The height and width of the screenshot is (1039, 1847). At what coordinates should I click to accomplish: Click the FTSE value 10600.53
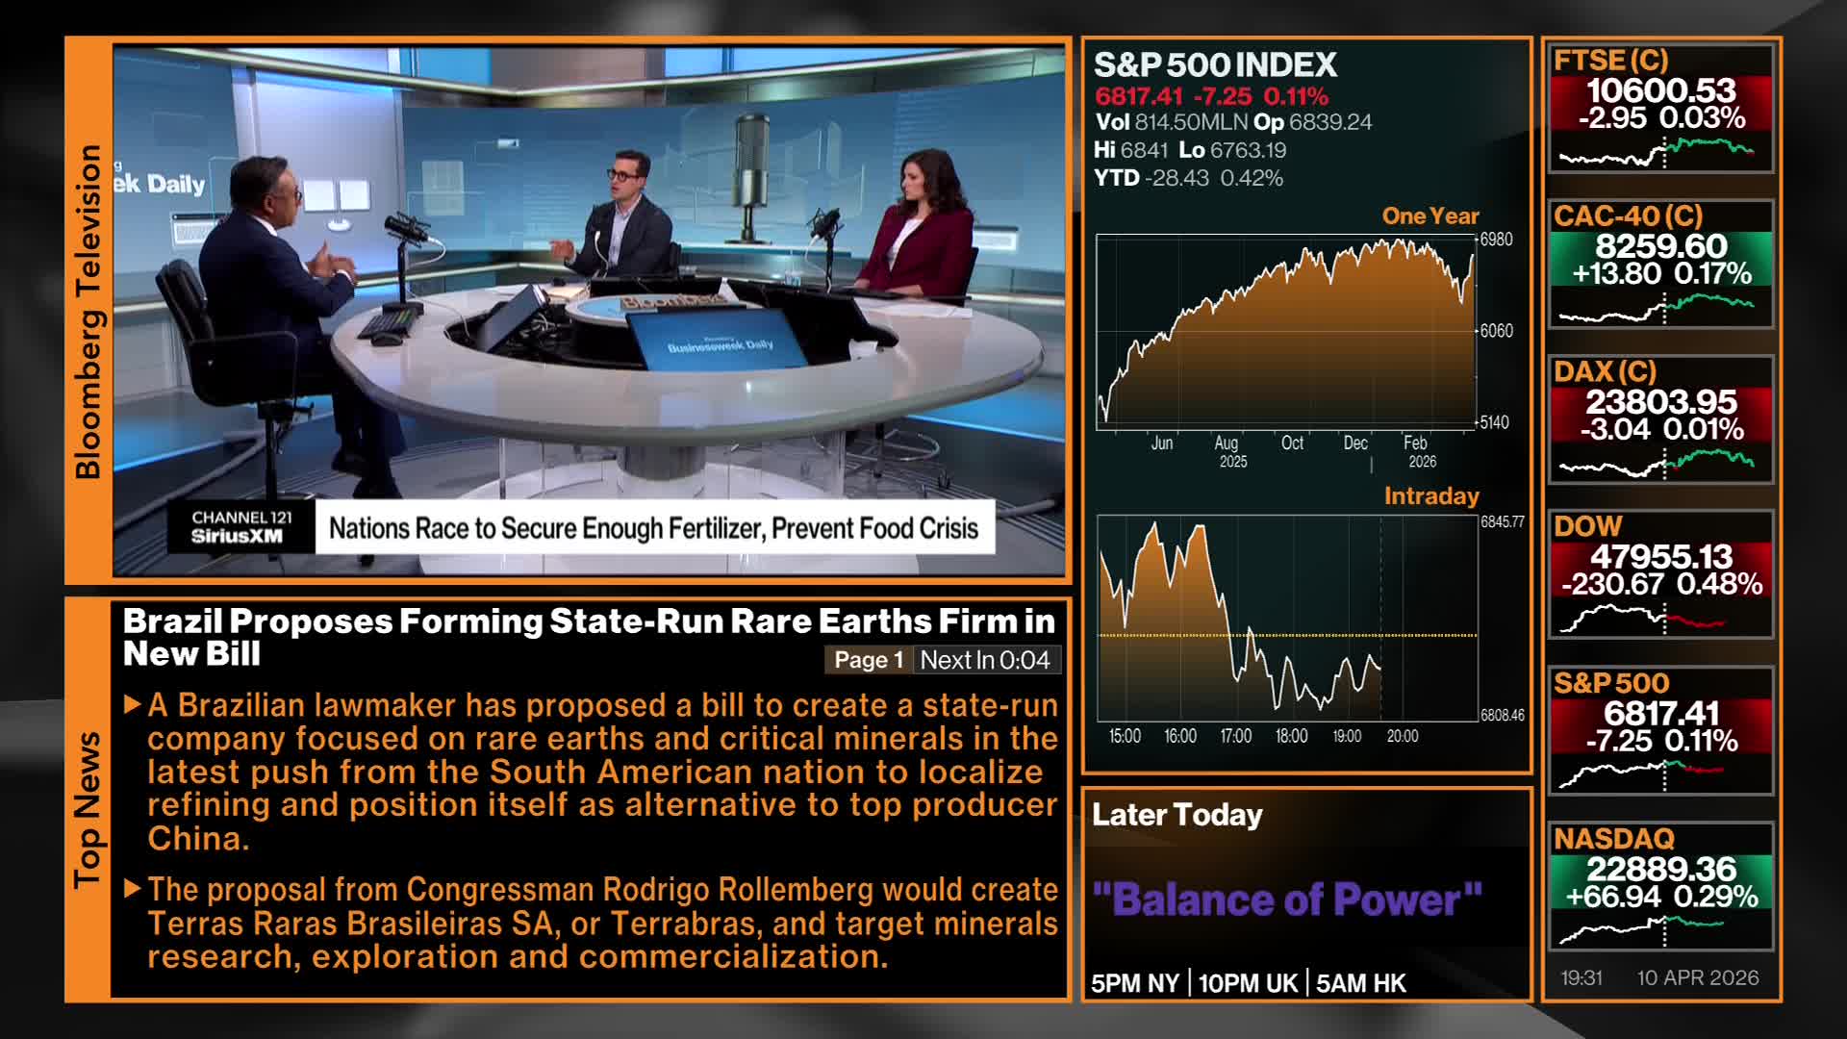(x=1660, y=90)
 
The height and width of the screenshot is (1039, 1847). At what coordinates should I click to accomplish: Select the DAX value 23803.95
(x=1661, y=401)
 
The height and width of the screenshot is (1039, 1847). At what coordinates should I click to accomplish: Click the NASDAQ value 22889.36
(x=1661, y=869)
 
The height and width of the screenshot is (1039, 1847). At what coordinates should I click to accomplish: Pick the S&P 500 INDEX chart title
(x=1216, y=64)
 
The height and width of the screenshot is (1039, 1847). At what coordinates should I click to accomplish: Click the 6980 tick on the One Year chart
(x=1496, y=240)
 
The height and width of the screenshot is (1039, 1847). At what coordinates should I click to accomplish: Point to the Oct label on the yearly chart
(x=1292, y=443)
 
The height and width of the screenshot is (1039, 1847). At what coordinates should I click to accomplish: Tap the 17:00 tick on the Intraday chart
(x=1236, y=736)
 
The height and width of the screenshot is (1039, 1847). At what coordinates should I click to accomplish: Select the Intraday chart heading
(x=1431, y=496)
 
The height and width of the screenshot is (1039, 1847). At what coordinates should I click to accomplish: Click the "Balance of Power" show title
(x=1287, y=900)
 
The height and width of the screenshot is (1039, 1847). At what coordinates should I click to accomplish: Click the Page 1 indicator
(x=869, y=660)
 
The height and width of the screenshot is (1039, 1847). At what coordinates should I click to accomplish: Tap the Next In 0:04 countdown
(x=985, y=660)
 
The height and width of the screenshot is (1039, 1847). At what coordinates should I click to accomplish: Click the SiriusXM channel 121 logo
(x=240, y=527)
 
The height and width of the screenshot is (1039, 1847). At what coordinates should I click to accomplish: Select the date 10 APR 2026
(x=1698, y=977)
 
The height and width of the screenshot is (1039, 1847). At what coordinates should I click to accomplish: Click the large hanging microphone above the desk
(x=751, y=164)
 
